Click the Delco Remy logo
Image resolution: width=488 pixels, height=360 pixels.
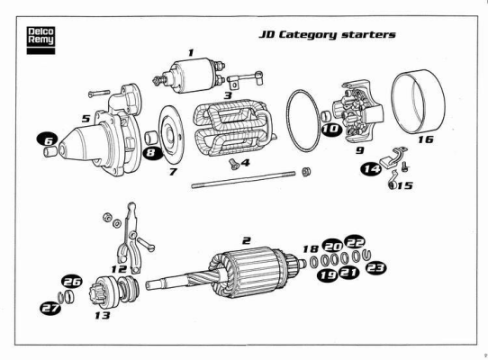point(41,40)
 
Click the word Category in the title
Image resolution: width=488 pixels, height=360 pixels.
point(308,35)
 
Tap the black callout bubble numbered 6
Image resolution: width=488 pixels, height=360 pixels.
point(48,140)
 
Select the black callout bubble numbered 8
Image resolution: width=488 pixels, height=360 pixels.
point(152,152)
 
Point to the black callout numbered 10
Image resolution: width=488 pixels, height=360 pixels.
point(331,129)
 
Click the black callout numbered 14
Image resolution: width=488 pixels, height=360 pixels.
point(371,169)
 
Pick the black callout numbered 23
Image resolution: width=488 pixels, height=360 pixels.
point(375,268)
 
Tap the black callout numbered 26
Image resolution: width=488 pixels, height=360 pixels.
point(72,282)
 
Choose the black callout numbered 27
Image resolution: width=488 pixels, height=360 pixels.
point(50,308)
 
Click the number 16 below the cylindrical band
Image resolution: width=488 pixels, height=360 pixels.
point(426,139)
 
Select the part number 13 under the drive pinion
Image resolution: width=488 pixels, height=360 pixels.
point(103,316)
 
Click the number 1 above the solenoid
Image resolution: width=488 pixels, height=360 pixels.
point(191,52)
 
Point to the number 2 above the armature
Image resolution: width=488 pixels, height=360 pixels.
point(247,240)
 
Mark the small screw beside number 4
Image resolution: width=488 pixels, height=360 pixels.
point(234,165)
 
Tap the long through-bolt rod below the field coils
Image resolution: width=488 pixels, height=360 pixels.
point(243,181)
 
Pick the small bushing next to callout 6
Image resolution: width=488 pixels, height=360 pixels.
point(50,152)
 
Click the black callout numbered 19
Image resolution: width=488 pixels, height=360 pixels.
point(328,274)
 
